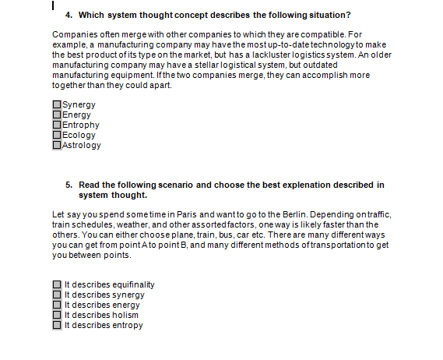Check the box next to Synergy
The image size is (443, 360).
click(57, 104)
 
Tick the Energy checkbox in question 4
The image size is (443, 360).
click(57, 115)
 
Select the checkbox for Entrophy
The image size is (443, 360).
click(57, 125)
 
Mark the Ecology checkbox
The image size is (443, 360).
click(57, 135)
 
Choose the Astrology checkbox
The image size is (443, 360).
click(57, 145)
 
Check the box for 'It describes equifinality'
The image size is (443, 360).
click(57, 285)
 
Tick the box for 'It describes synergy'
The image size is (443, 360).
click(57, 295)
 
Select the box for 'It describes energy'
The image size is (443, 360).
click(57, 305)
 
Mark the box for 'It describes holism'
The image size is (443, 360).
click(57, 316)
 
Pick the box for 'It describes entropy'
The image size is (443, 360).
click(57, 326)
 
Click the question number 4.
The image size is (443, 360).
click(69, 16)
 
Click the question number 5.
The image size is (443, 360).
click(69, 185)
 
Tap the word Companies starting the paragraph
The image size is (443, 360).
click(74, 35)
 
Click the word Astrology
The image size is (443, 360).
click(82, 145)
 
